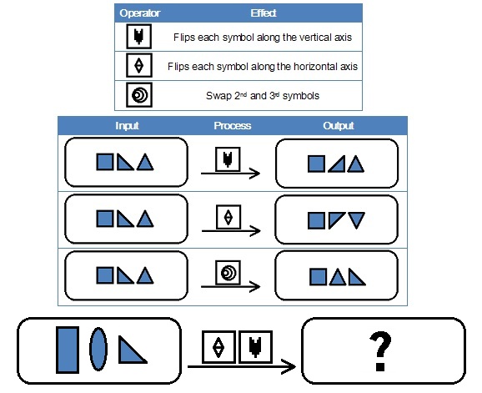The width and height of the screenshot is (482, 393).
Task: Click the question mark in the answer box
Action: click(x=380, y=351)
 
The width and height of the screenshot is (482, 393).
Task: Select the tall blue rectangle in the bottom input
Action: click(x=68, y=350)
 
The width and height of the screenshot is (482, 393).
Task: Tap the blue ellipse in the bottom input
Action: click(x=98, y=349)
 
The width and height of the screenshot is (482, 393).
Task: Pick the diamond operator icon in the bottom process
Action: click(x=218, y=347)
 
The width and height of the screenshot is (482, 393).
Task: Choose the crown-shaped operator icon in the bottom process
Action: click(x=255, y=347)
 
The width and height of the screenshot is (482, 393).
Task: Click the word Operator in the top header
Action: click(x=140, y=13)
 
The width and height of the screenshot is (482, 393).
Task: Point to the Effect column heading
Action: click(x=264, y=13)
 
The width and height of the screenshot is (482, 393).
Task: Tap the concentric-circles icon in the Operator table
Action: click(x=139, y=95)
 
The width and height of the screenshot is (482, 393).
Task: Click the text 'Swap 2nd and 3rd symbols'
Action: click(x=263, y=96)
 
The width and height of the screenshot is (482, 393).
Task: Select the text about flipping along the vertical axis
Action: click(x=263, y=38)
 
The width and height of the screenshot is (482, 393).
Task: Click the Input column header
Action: click(x=127, y=125)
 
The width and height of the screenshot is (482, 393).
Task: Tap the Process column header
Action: click(x=233, y=125)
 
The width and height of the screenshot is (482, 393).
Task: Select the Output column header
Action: click(x=338, y=125)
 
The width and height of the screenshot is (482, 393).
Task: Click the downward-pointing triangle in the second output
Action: click(x=357, y=219)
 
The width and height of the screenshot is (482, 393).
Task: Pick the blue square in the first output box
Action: click(x=316, y=164)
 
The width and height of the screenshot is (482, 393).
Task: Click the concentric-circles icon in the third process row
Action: click(x=228, y=273)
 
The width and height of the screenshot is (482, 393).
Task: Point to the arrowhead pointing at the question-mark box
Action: click(x=289, y=366)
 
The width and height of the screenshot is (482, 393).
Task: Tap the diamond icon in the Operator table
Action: click(x=139, y=65)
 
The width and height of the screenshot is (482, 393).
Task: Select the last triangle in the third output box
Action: click(x=357, y=277)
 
